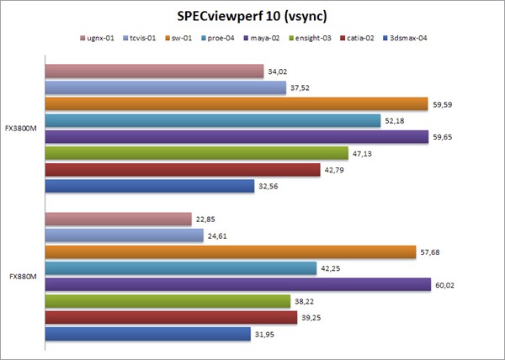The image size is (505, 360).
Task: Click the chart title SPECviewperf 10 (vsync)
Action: click(252, 16)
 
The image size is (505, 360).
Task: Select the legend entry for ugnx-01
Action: click(100, 38)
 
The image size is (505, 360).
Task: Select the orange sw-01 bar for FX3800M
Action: click(237, 103)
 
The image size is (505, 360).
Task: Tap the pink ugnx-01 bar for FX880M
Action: click(118, 220)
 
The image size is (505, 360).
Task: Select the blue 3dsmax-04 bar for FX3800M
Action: click(149, 186)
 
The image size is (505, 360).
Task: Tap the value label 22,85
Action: click(205, 220)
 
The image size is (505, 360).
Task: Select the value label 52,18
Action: click(395, 120)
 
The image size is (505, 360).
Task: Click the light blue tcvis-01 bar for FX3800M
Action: click(165, 87)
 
